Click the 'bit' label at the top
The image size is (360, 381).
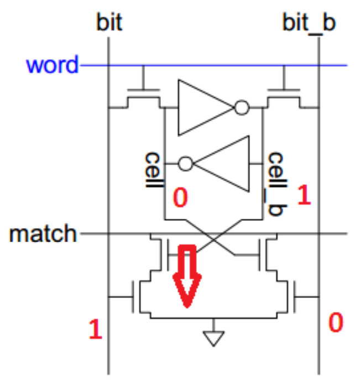[x=109, y=23]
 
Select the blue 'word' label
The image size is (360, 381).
[x=53, y=65]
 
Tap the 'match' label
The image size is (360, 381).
[x=42, y=233]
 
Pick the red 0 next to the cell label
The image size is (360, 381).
[x=180, y=199]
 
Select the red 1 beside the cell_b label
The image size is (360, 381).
[x=304, y=195]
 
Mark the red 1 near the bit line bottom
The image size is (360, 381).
[x=96, y=330]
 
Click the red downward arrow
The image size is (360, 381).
[x=187, y=275]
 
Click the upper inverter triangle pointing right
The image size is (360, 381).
[x=205, y=107]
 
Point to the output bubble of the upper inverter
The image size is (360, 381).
[x=242, y=108]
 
